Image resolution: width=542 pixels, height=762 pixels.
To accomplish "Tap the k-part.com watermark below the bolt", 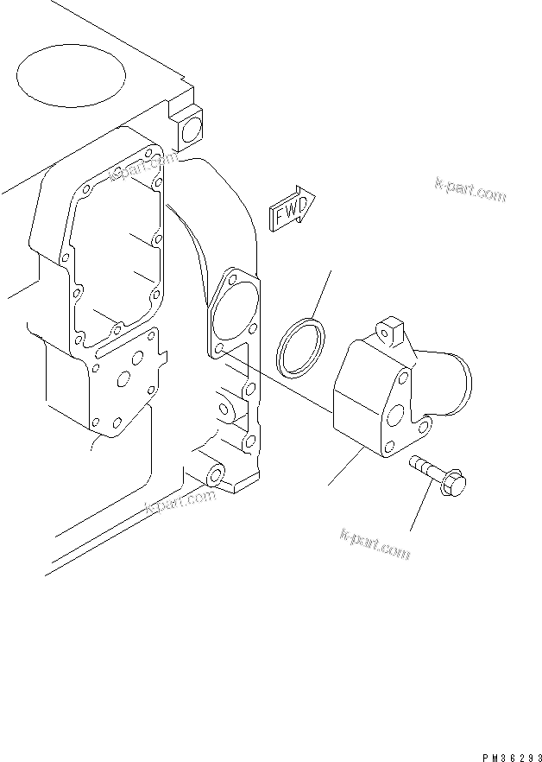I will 375,543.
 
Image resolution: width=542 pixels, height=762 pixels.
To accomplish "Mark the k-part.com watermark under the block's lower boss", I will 179,505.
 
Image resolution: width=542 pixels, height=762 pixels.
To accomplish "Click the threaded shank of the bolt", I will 425,472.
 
